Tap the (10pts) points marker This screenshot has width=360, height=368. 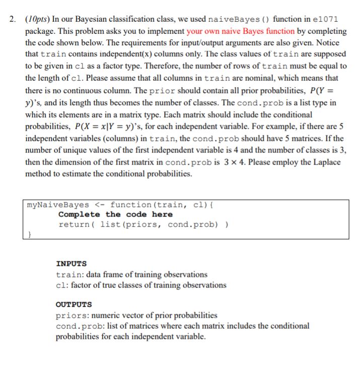[x=37, y=19]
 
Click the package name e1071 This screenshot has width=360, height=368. [x=326, y=19]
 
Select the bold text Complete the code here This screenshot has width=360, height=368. [x=115, y=214]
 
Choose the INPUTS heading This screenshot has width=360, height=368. [x=71, y=263]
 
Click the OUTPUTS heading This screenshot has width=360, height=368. [x=74, y=305]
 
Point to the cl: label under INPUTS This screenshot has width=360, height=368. [x=63, y=285]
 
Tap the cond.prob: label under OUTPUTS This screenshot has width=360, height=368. [x=78, y=326]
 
